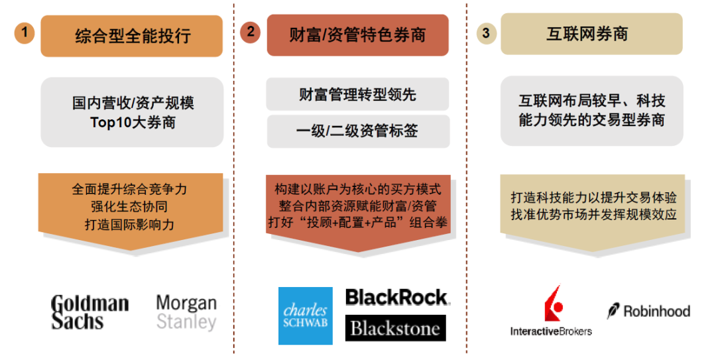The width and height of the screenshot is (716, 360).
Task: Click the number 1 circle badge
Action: click(25, 32)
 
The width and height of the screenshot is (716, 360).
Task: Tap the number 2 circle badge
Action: click(250, 32)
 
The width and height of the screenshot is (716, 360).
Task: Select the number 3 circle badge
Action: click(486, 33)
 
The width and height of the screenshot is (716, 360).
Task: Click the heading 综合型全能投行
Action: click(132, 36)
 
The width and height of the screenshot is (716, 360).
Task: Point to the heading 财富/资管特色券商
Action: click(357, 34)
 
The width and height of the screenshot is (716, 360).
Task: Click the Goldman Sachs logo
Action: click(89, 312)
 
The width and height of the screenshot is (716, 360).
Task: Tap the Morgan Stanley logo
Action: click(186, 313)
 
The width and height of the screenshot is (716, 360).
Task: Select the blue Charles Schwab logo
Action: click(305, 316)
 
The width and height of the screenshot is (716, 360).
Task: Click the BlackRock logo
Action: click(396, 297)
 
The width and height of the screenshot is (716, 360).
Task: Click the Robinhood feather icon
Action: click(613, 310)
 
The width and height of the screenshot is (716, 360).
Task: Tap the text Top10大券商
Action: click(133, 123)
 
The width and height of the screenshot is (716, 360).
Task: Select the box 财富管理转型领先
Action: click(357, 95)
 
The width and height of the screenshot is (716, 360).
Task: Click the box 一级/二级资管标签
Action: click(357, 131)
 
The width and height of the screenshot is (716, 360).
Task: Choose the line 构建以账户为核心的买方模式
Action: click(357, 190)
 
